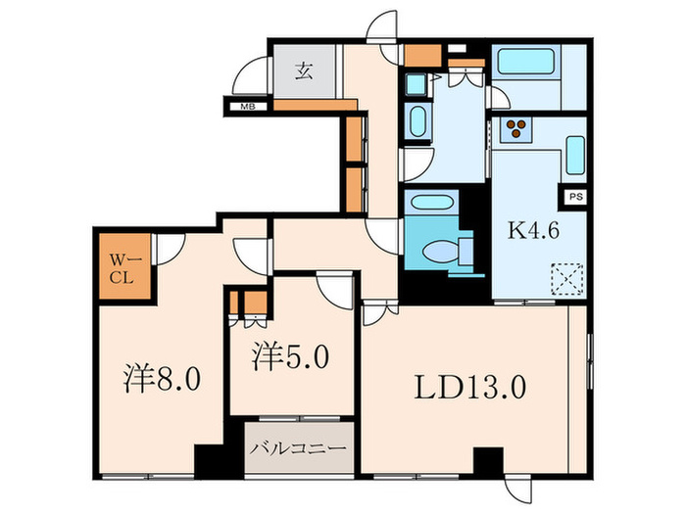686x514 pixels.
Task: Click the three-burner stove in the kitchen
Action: coord(515,128)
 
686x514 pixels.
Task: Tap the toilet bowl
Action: coord(449,253)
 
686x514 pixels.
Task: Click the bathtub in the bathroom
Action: coord(525,65)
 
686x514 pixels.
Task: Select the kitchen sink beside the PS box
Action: coord(575,155)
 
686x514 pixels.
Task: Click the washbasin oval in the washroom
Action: coord(415,123)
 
